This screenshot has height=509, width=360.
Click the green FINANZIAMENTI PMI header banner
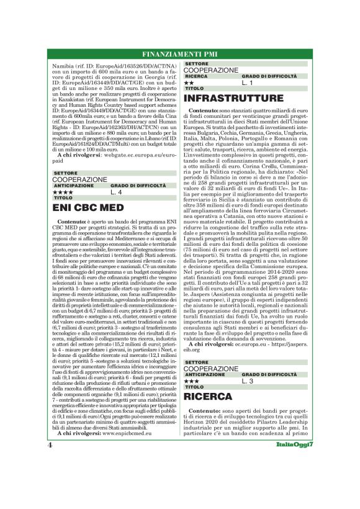[180, 52]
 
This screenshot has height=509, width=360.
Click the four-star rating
[63, 192]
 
